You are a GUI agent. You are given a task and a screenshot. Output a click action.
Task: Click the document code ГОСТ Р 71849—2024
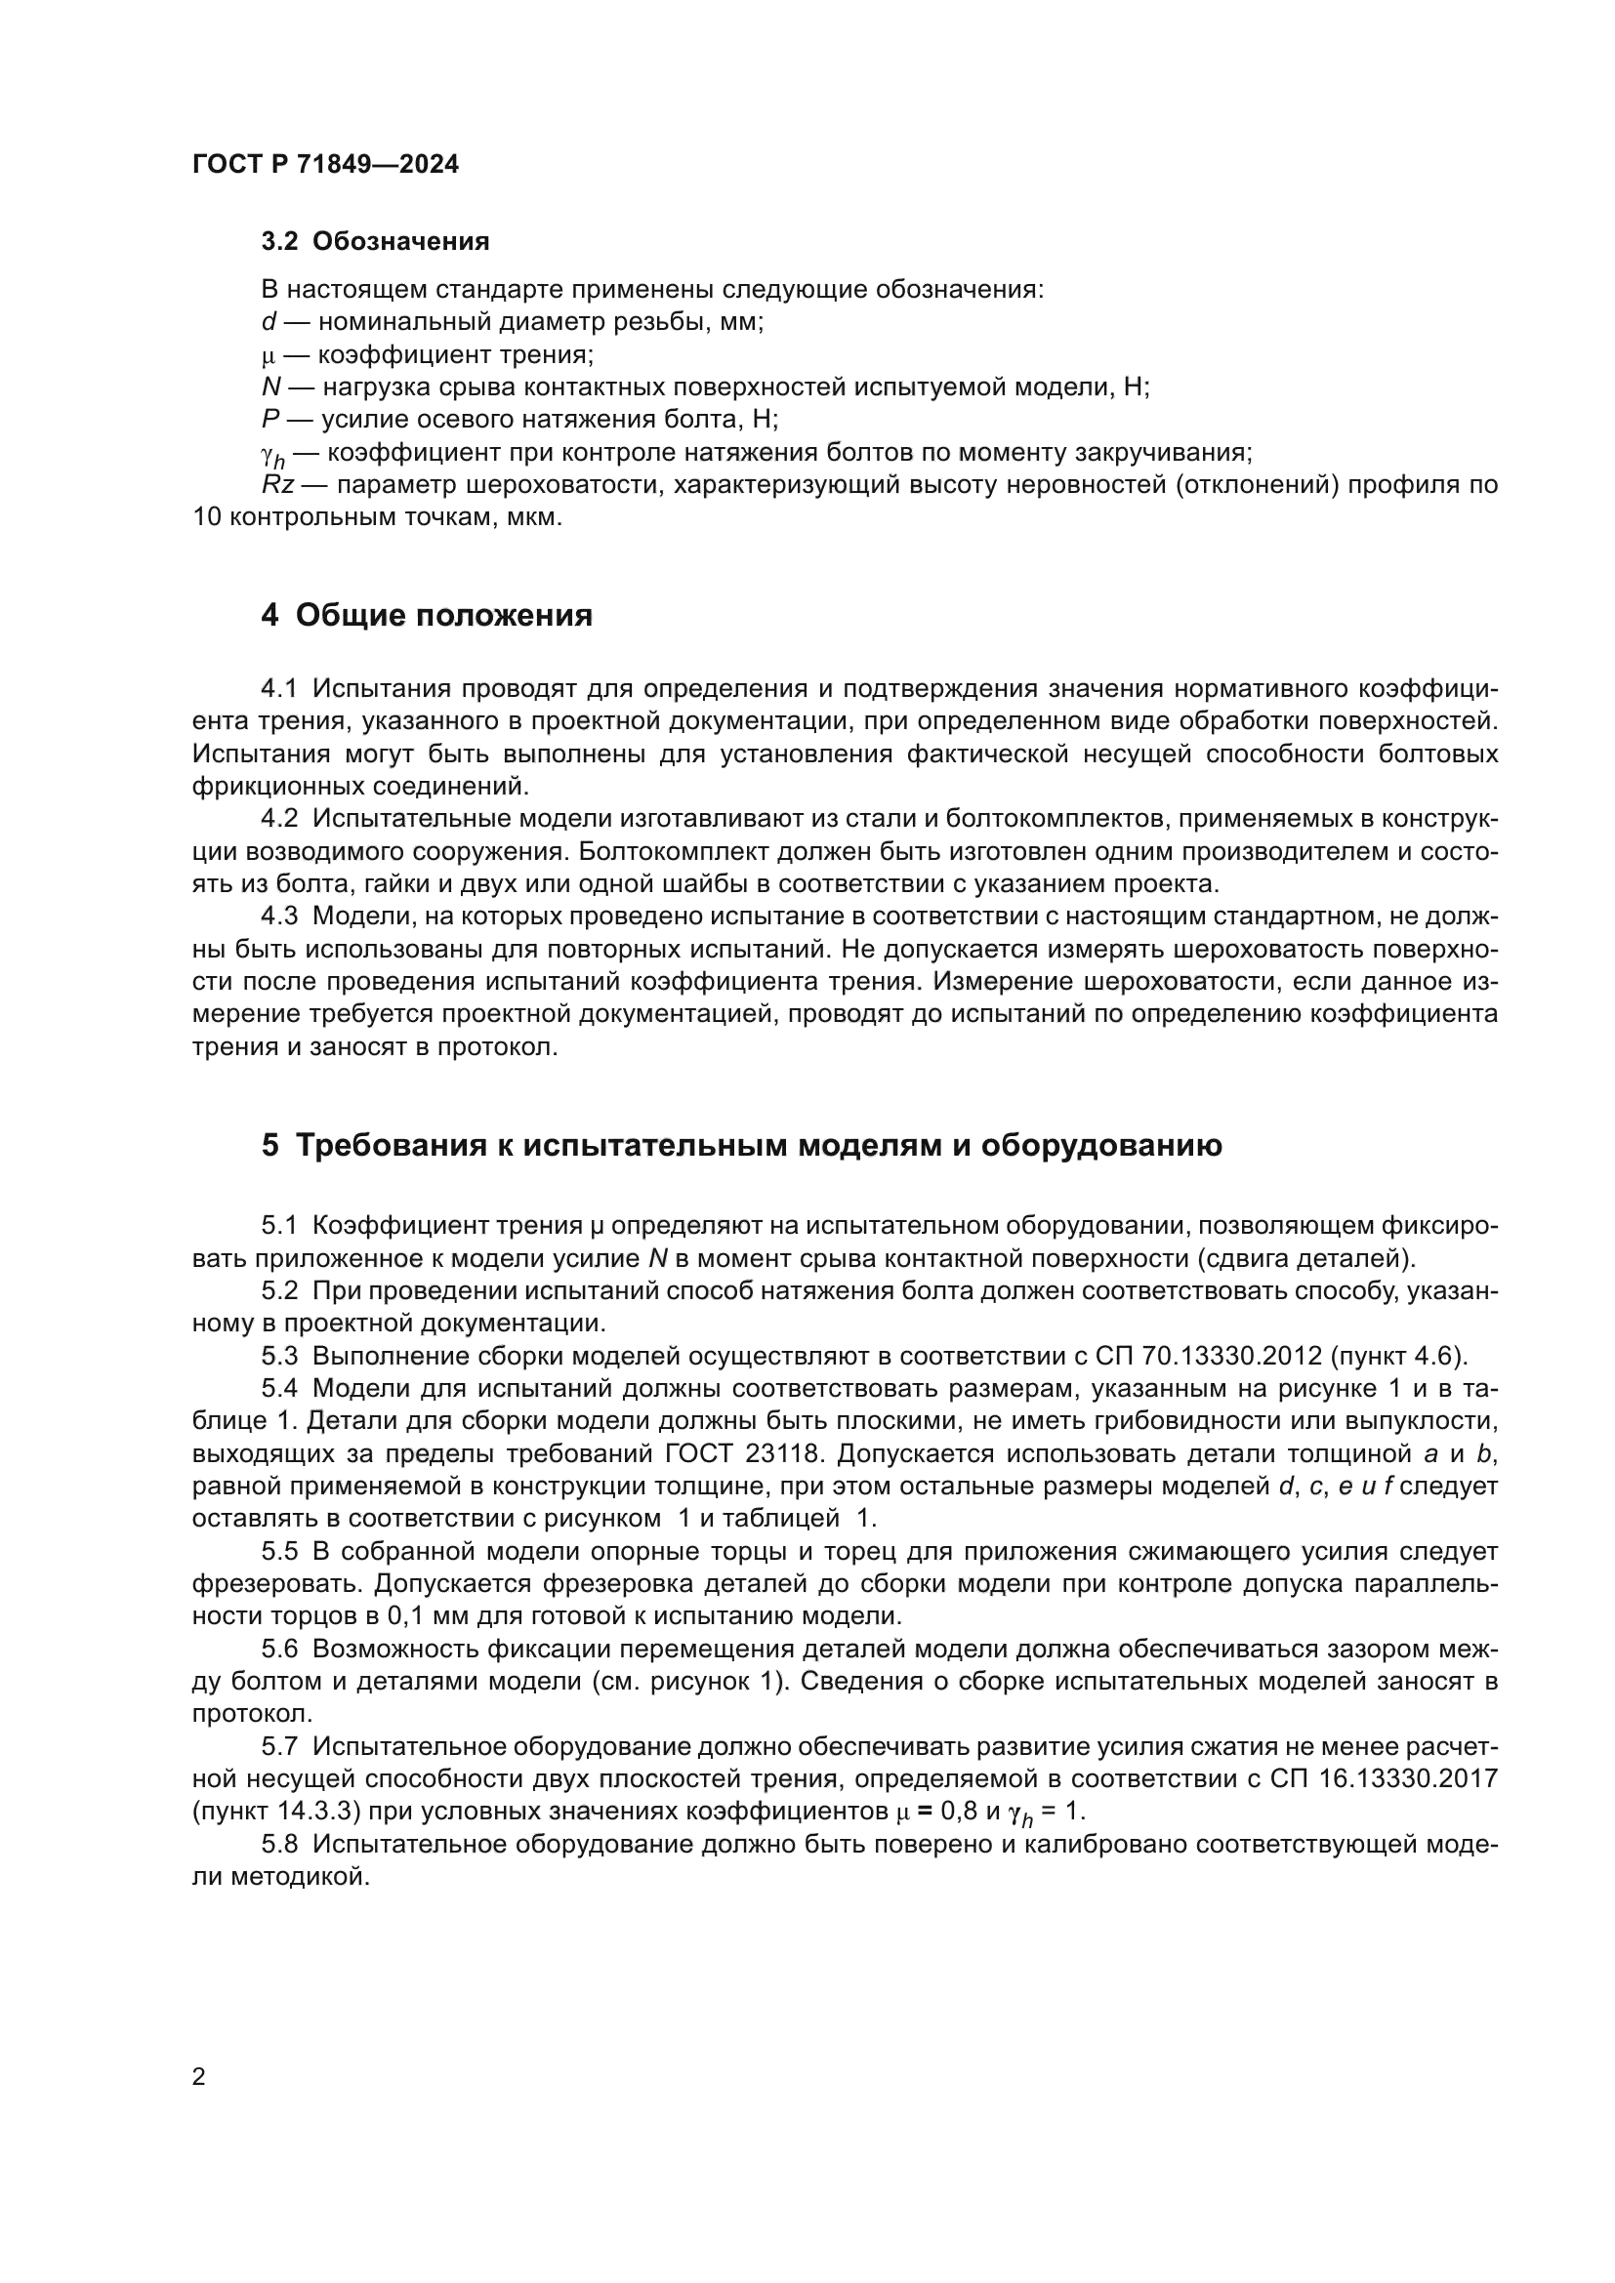325,165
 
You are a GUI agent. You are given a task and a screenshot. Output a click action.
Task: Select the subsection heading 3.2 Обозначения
375,242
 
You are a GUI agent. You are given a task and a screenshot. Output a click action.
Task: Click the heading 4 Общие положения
427,616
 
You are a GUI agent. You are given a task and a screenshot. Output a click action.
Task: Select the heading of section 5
741,1146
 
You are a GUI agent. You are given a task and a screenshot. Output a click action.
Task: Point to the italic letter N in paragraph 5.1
656,1259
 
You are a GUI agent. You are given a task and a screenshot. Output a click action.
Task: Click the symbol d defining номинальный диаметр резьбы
268,322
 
